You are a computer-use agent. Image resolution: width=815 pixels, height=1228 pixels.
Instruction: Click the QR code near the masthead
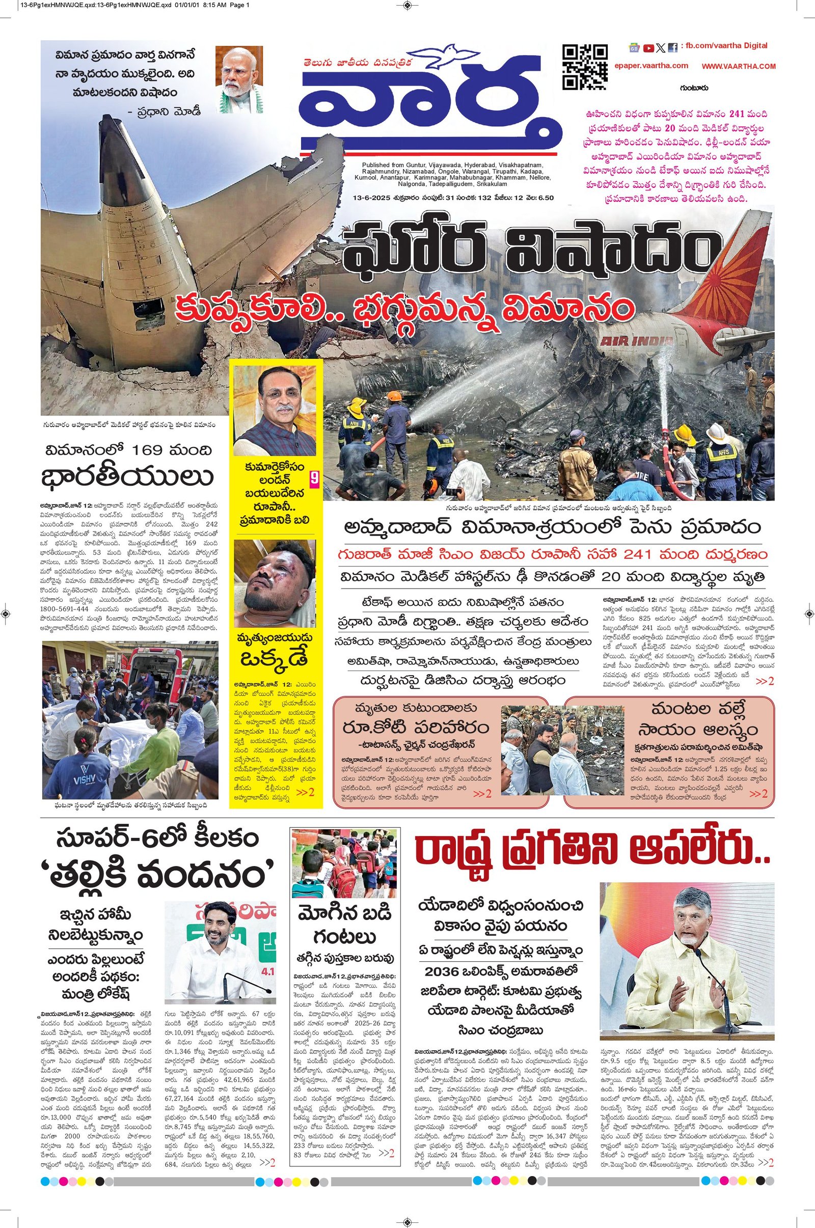(585, 68)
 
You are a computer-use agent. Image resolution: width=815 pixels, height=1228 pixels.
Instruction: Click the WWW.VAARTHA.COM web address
(738, 67)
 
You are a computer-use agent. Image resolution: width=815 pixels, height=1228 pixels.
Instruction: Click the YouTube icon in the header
(648, 48)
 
